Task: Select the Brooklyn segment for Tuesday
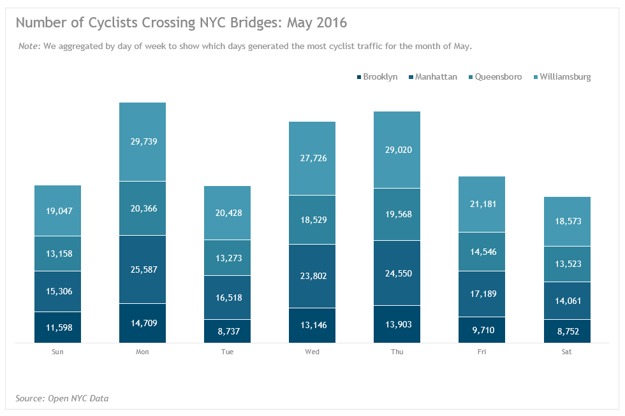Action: (x=227, y=331)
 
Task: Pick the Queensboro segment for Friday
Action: (x=482, y=252)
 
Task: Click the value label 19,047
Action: (x=57, y=210)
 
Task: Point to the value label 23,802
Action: (x=312, y=276)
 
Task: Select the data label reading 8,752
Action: (x=566, y=331)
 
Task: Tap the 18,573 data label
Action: (x=566, y=221)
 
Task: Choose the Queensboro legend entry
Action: (x=495, y=77)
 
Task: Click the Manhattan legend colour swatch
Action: (x=411, y=78)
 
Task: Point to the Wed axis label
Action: (x=312, y=352)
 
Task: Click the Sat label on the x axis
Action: (x=567, y=352)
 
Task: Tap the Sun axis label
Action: (x=58, y=352)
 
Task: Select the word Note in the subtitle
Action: (x=29, y=47)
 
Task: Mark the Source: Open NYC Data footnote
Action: (x=62, y=399)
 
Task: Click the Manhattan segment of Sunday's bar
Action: (x=57, y=291)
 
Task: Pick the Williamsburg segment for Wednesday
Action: (x=312, y=158)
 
